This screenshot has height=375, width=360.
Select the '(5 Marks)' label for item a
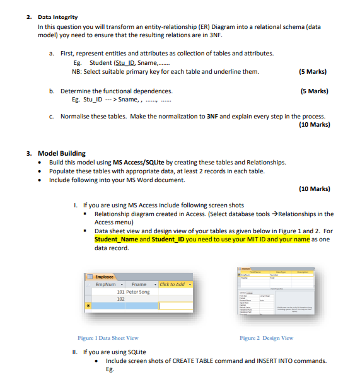(x=313, y=71)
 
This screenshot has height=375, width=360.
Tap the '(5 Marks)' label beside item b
(x=313, y=91)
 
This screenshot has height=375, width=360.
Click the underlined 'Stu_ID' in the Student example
(x=125, y=63)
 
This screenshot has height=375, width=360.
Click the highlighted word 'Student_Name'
(x=116, y=239)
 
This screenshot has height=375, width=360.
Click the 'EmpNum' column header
(x=106, y=285)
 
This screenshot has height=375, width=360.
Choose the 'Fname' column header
(x=139, y=285)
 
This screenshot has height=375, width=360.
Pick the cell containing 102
(x=122, y=299)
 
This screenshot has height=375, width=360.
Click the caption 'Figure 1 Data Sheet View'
(x=108, y=338)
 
